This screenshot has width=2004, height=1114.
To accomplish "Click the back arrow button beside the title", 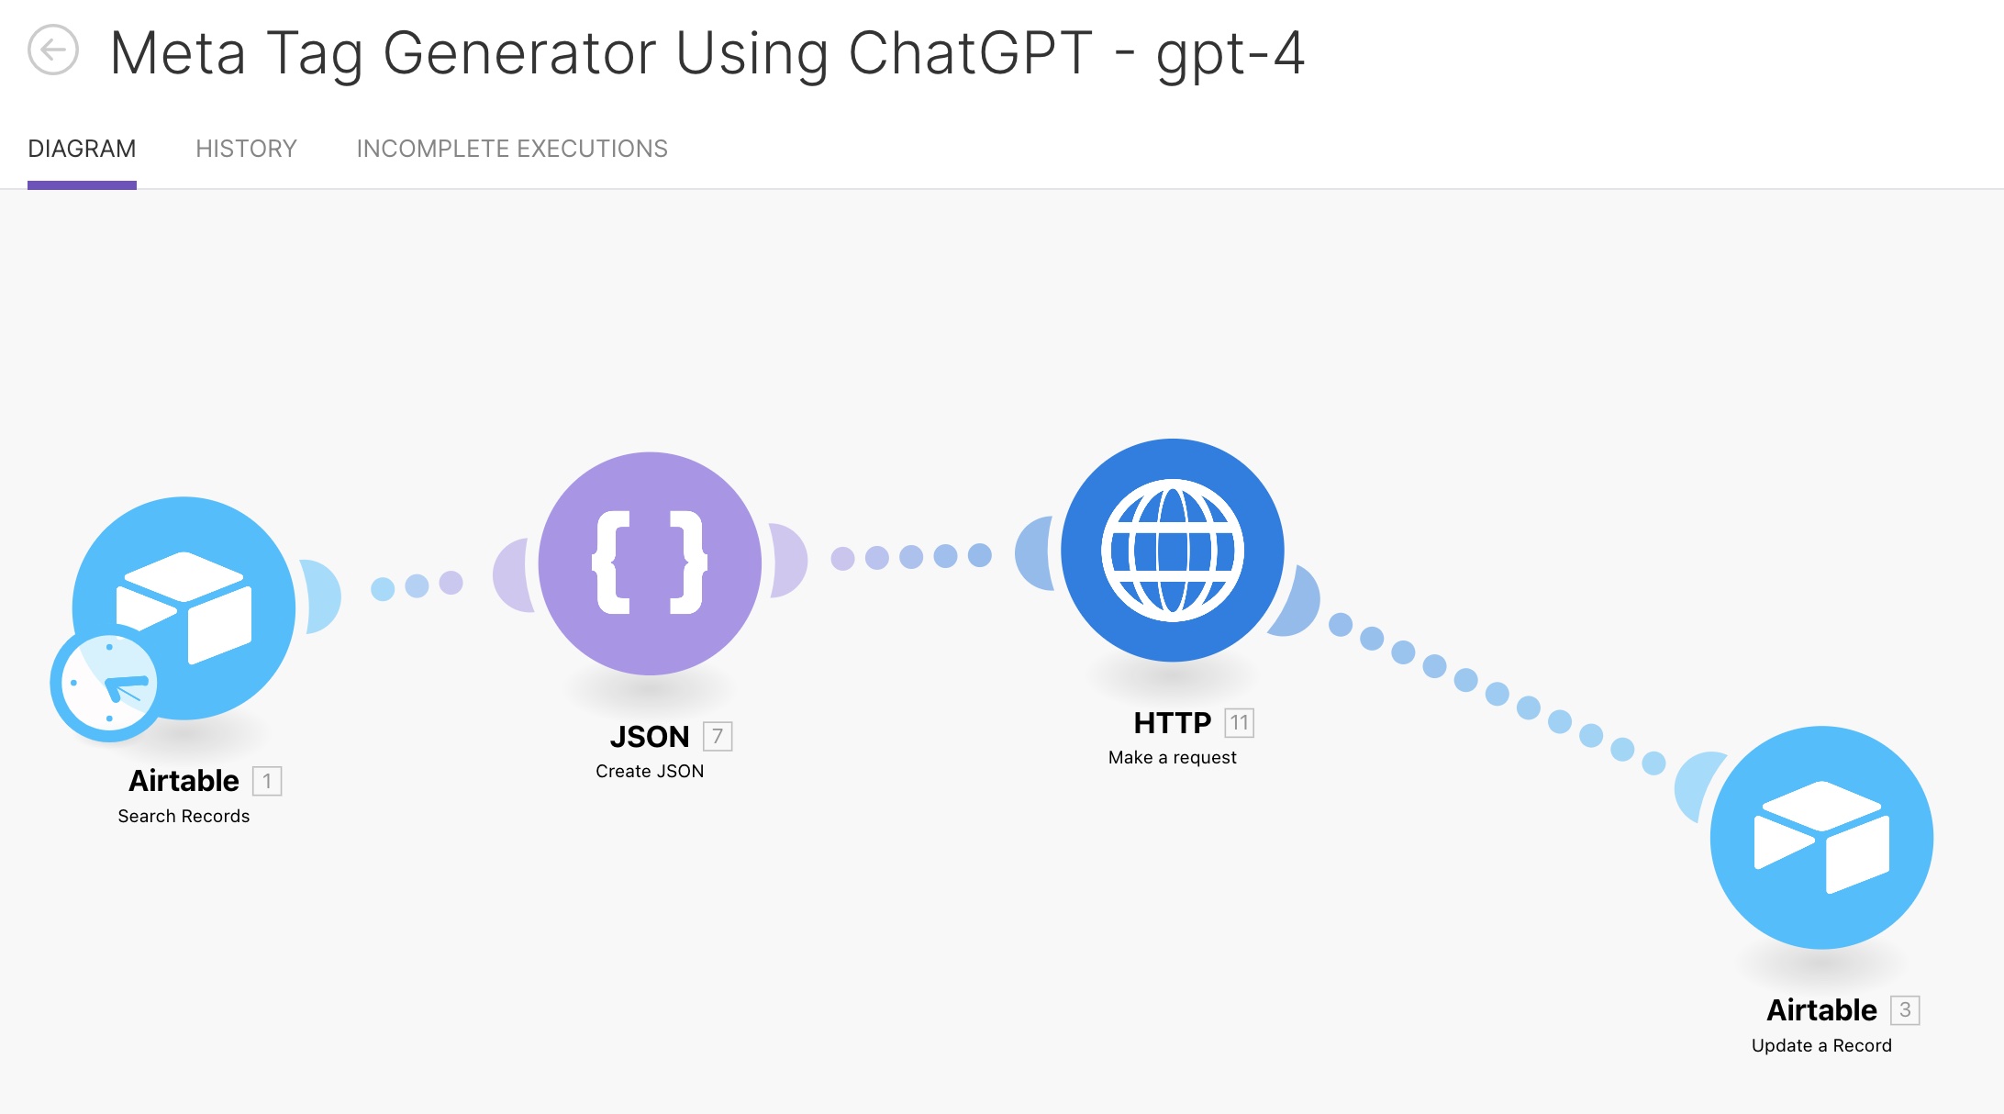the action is [x=53, y=50].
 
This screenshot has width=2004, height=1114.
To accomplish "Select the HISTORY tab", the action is [x=246, y=149].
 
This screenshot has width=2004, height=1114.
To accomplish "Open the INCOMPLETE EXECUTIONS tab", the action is [x=512, y=149].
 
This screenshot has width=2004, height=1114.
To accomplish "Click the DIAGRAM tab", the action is [x=82, y=149].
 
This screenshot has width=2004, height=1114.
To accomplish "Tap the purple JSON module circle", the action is [x=650, y=563].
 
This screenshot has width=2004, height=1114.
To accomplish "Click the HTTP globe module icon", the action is [x=1173, y=551].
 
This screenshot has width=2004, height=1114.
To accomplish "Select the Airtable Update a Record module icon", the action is [x=1822, y=838].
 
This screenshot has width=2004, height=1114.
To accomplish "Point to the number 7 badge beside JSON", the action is [x=718, y=736].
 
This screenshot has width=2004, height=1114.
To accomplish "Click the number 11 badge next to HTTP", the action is [x=1240, y=723].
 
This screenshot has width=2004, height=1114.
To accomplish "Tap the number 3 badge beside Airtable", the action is [x=1905, y=1010].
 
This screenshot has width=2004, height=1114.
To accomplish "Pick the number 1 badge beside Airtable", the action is [x=267, y=781].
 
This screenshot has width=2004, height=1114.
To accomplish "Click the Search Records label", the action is [x=184, y=816].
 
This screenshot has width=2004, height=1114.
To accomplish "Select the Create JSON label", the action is [x=650, y=771].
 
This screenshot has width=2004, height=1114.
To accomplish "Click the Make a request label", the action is [x=1173, y=757].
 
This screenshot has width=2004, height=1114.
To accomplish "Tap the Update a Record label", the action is [x=1821, y=1045].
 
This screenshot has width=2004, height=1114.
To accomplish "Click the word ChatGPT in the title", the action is [x=970, y=52].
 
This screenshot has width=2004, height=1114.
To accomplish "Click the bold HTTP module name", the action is [x=1173, y=723].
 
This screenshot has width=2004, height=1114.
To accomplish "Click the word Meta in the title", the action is [x=178, y=52].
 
